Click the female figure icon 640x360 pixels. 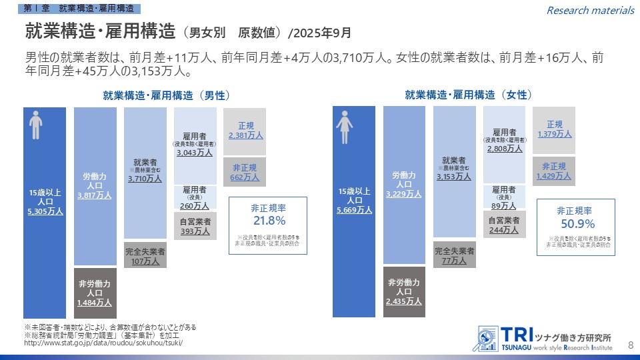pyautogui.click(x=345, y=127)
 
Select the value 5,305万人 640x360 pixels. pyautogui.click(x=45, y=211)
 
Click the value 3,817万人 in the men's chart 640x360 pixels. pyautogui.click(x=95, y=195)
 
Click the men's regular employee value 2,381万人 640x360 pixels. pyautogui.click(x=245, y=135)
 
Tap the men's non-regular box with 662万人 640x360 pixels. pyautogui.click(x=245, y=177)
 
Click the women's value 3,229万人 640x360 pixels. pyautogui.click(x=404, y=194)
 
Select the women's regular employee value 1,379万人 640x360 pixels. pyautogui.click(x=555, y=134)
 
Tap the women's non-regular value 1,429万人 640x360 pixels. pyautogui.click(x=554, y=176)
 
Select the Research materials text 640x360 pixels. pyautogui.click(x=590, y=10)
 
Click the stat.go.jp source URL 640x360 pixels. pyautogui.click(x=103, y=343)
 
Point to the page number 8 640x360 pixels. pyautogui.click(x=631, y=344)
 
